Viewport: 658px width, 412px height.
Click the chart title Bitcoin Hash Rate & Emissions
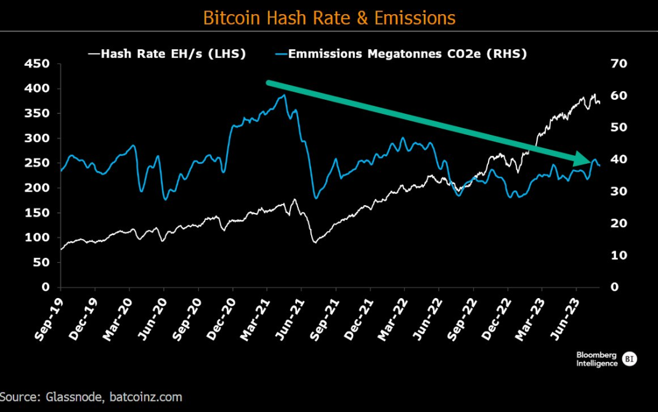click(x=329, y=17)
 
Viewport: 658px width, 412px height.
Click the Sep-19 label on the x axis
click(x=48, y=320)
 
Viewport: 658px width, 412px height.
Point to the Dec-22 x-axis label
click(x=496, y=320)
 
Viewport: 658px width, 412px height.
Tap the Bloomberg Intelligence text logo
click(x=597, y=359)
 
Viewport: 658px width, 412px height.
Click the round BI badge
click(x=630, y=359)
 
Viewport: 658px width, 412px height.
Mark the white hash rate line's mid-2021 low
click(x=315, y=242)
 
